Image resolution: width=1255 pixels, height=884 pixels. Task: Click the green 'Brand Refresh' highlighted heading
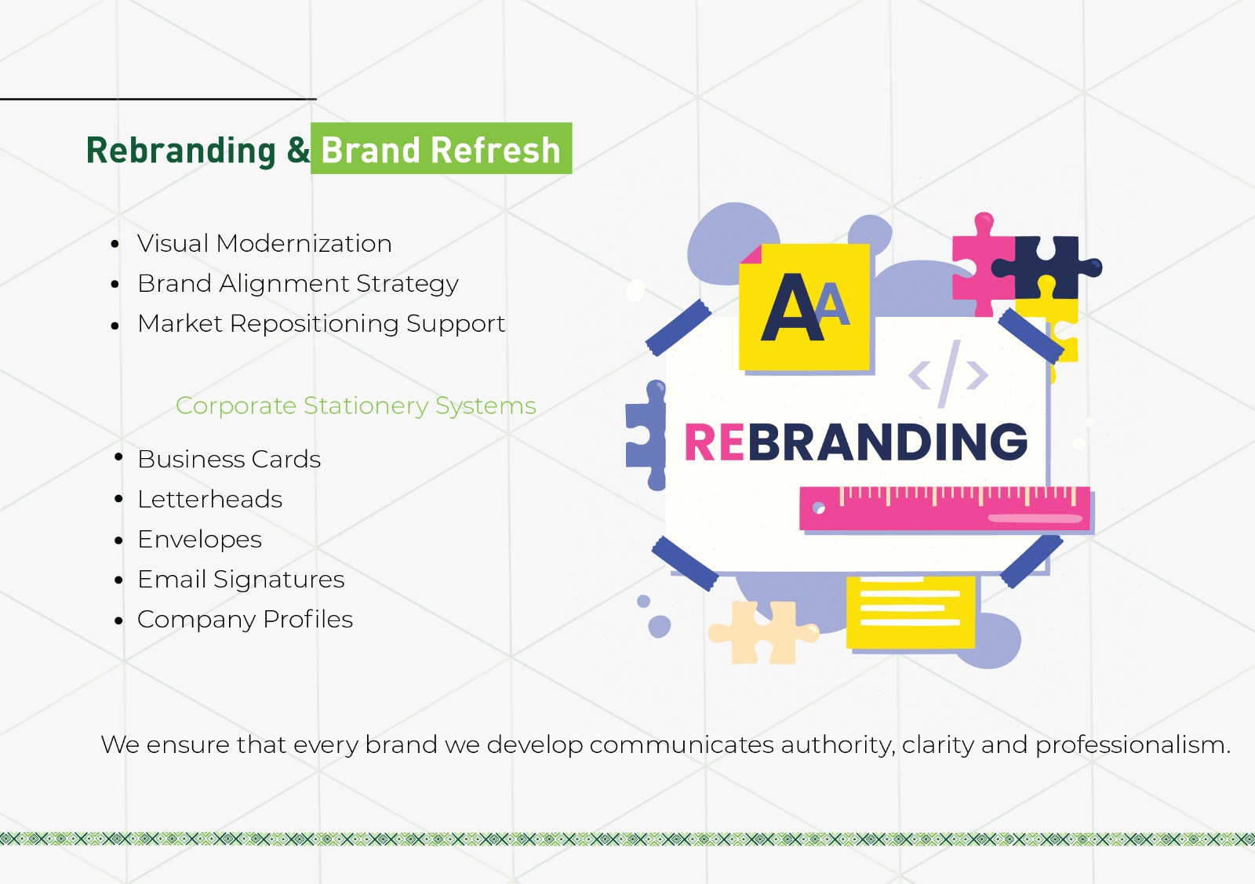point(441,149)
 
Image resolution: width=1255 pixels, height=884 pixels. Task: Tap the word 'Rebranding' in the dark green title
point(181,151)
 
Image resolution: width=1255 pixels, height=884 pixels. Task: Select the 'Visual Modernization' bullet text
point(264,243)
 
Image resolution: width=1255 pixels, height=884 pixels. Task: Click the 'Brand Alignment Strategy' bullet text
point(298,283)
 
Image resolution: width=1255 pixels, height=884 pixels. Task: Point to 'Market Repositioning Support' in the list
point(321,323)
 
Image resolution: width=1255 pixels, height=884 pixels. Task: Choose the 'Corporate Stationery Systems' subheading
point(355,406)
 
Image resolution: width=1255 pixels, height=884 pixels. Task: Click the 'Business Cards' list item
point(229,459)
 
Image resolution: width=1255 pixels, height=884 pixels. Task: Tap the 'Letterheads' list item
point(209,499)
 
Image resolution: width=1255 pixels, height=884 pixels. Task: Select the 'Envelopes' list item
point(199,539)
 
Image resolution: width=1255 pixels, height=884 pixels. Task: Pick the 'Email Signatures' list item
point(241,579)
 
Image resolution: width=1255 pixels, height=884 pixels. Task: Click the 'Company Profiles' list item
point(245,619)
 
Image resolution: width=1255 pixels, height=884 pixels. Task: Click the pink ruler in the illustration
point(944,509)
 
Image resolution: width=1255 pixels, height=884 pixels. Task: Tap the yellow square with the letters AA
point(805,307)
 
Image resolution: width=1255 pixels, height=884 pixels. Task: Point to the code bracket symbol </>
point(948,374)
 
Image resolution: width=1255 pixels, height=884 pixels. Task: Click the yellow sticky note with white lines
point(911,612)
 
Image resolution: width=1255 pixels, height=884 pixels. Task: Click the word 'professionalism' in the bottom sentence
point(1132,744)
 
